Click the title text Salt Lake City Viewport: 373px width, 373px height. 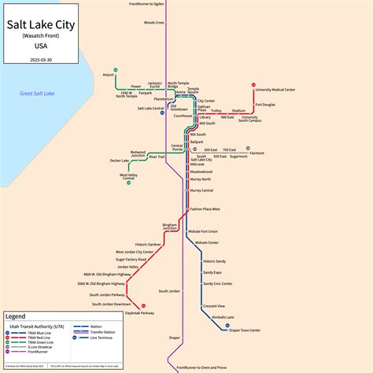click(x=40, y=25)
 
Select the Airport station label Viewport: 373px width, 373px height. click(x=109, y=75)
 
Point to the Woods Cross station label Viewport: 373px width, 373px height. click(x=154, y=23)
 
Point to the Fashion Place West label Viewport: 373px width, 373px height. click(x=205, y=209)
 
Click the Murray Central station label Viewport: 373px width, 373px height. click(x=201, y=190)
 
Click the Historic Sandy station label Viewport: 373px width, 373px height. click(x=214, y=260)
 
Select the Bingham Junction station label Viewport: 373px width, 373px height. click(x=169, y=227)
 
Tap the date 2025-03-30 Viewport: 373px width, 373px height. click(x=40, y=59)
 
